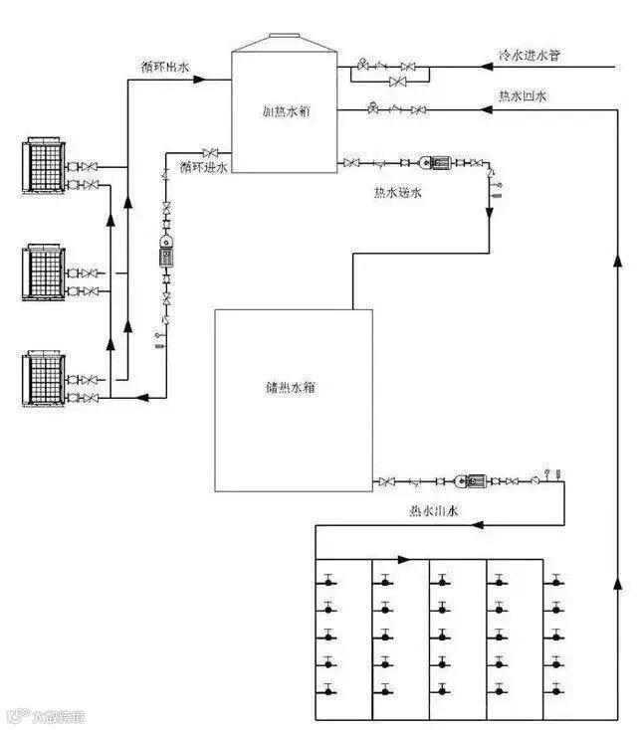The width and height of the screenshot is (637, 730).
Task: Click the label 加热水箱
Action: [x=288, y=113]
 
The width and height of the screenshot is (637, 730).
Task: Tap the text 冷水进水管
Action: [x=530, y=55]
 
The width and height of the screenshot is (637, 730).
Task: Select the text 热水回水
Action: [x=523, y=96]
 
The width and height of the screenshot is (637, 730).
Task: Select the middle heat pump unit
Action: [x=43, y=271]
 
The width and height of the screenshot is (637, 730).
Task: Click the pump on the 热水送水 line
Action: [x=435, y=161]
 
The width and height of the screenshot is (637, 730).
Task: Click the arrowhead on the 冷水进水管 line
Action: [x=488, y=68]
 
